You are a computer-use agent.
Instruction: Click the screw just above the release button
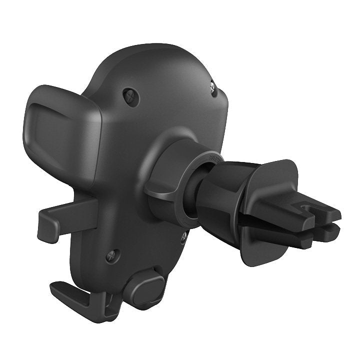[x=113, y=256]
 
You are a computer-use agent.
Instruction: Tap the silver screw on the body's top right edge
[x=214, y=86]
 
